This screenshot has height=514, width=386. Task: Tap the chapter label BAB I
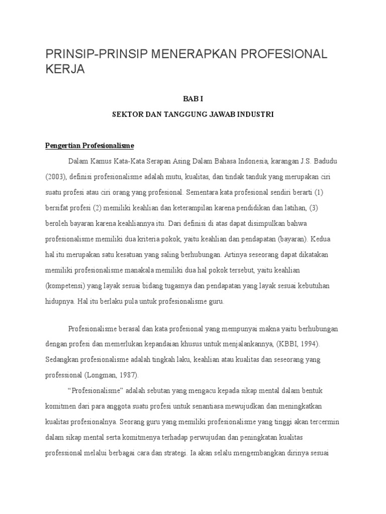pyautogui.click(x=193, y=99)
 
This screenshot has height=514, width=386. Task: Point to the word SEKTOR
pyautogui.click(x=125, y=114)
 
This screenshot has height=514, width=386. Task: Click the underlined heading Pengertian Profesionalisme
pyautogui.click(x=89, y=146)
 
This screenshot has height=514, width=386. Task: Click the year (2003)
pyautogui.click(x=56, y=177)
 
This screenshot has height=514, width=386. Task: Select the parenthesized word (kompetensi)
pyautogui.click(x=65, y=286)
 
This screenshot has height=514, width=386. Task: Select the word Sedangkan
pyautogui.click(x=62, y=360)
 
